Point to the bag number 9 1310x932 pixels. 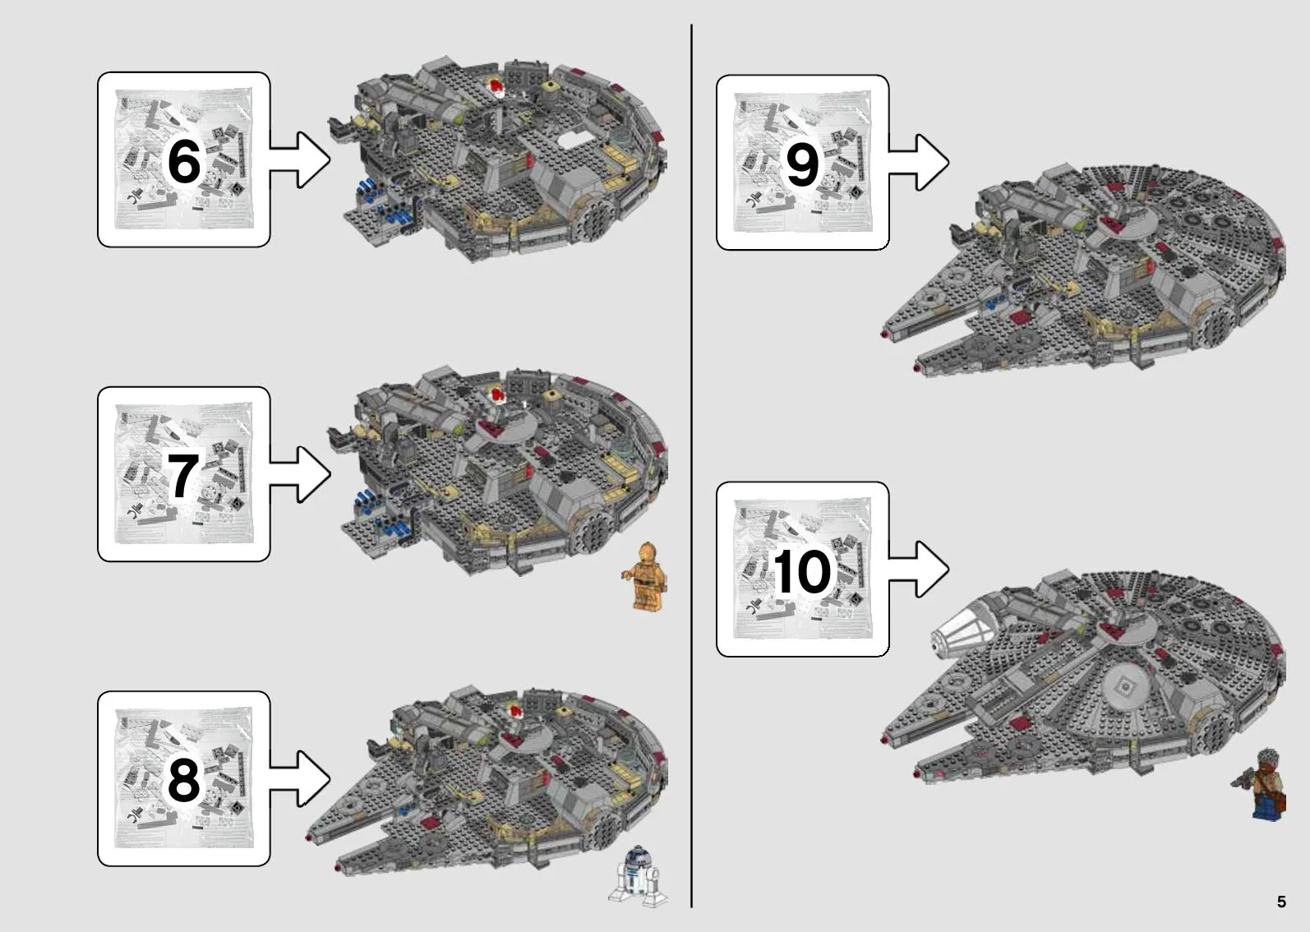(x=802, y=164)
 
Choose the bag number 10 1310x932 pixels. (x=802, y=571)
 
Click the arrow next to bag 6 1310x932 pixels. (x=299, y=159)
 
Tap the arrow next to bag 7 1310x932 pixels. (x=299, y=474)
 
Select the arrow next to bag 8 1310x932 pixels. (x=299, y=779)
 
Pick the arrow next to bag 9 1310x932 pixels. (x=918, y=163)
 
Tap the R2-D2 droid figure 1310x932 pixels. (x=638, y=875)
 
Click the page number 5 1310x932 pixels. (x=1281, y=901)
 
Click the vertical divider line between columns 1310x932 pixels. (x=691, y=466)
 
